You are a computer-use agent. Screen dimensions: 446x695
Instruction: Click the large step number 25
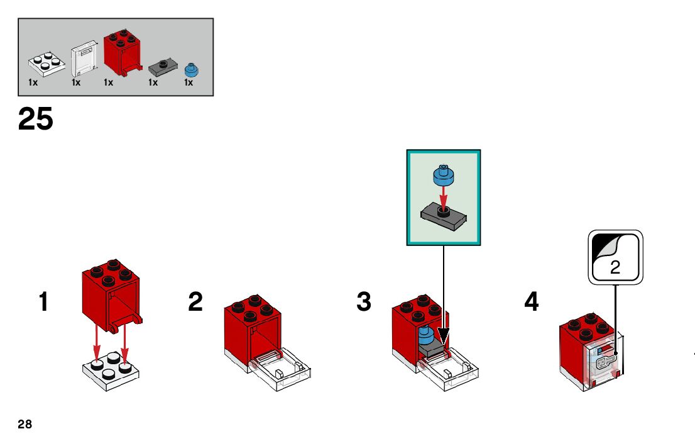(36, 119)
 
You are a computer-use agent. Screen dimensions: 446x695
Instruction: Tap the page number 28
(25, 425)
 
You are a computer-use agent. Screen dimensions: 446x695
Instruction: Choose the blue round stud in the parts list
(191, 68)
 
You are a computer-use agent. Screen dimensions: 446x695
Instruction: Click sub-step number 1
(43, 302)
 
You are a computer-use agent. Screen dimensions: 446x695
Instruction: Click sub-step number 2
(195, 302)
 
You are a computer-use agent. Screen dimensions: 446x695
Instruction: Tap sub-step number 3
(364, 302)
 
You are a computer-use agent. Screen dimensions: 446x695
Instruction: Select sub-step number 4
(532, 302)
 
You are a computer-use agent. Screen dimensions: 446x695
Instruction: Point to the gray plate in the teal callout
(444, 217)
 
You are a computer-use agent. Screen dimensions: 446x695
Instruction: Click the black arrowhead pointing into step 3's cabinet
(444, 336)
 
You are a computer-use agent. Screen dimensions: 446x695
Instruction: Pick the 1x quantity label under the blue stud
(189, 82)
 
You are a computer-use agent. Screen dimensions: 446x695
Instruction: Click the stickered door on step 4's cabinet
(602, 362)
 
